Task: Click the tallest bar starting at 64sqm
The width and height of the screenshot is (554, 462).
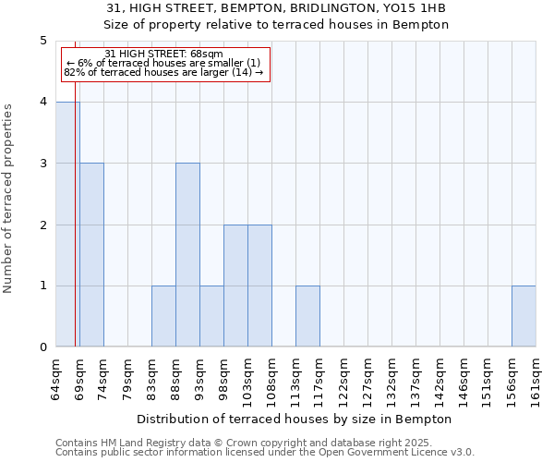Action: (67, 225)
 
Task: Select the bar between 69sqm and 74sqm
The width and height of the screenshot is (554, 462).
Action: (91, 255)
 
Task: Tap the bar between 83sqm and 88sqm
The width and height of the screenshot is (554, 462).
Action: (163, 316)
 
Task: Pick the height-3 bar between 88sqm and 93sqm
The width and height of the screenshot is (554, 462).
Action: (187, 255)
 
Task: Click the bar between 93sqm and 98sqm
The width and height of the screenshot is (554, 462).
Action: (211, 316)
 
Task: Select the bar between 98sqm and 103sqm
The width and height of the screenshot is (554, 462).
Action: (235, 286)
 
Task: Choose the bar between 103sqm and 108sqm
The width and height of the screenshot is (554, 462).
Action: (259, 286)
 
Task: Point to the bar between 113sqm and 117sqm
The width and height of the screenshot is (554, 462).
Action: (307, 316)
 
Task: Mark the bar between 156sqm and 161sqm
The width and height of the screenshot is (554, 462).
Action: (524, 316)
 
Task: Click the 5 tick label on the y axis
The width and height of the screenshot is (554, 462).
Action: (43, 41)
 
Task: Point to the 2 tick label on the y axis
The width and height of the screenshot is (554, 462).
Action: (43, 225)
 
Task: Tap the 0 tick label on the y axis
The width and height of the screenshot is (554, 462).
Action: (43, 347)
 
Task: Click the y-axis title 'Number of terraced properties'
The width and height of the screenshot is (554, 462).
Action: (8, 199)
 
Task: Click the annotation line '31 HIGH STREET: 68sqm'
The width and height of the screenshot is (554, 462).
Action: (164, 55)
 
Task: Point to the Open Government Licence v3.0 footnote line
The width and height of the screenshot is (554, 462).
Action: (265, 453)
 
